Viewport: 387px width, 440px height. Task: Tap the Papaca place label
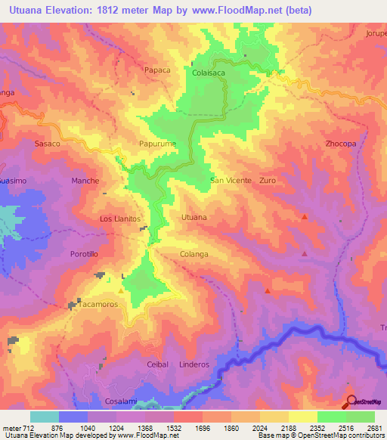(156, 69)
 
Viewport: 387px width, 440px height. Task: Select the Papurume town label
(157, 142)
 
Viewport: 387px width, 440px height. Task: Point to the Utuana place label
(194, 217)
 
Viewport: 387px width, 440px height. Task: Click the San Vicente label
(231, 181)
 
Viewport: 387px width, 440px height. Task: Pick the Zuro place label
(268, 181)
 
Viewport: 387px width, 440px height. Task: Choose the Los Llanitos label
(121, 218)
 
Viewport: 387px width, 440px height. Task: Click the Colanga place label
(194, 254)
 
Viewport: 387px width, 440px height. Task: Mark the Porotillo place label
(84, 254)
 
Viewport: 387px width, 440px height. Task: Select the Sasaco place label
(48, 142)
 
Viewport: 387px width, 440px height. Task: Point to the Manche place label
(85, 181)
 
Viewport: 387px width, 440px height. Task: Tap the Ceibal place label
(157, 364)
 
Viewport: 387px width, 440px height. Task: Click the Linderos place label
(194, 364)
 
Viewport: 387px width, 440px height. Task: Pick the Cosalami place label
(121, 401)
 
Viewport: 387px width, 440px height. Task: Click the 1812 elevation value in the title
(104, 11)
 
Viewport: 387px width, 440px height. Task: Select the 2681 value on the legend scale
(373, 428)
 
